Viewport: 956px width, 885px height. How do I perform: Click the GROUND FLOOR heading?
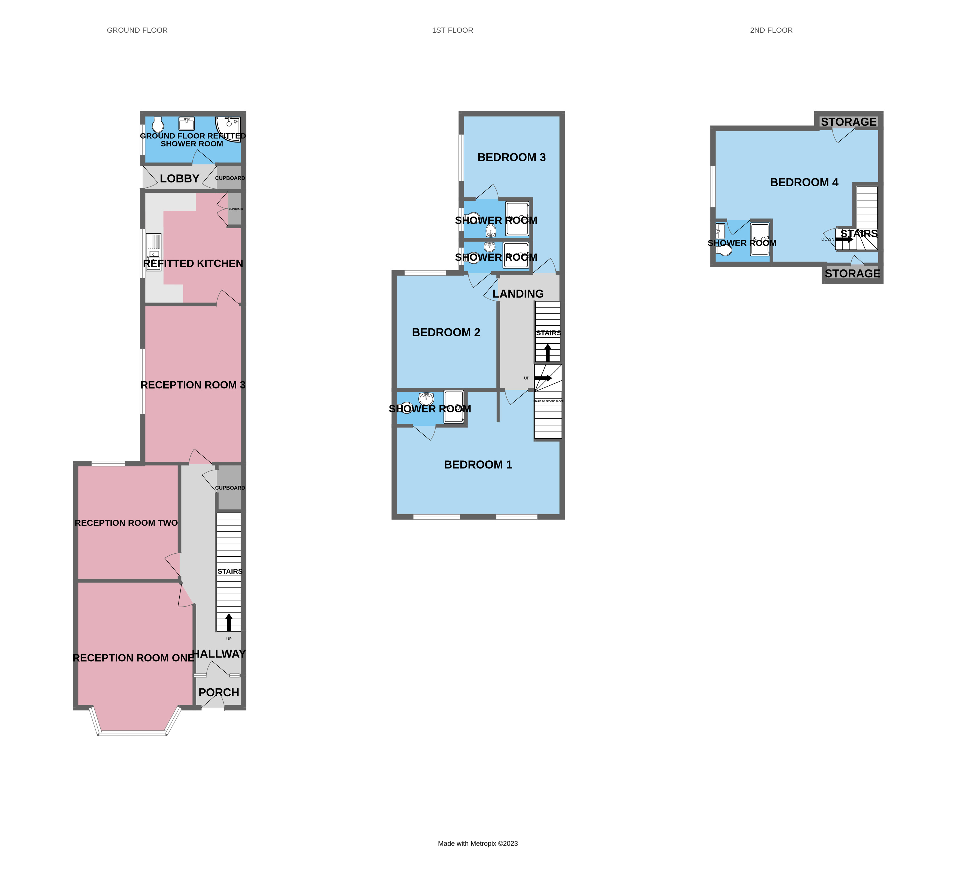tap(137, 30)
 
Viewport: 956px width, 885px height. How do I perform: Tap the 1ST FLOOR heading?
tap(453, 30)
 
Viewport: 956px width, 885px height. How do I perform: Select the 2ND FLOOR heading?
tap(771, 30)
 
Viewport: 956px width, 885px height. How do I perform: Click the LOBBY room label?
tap(180, 179)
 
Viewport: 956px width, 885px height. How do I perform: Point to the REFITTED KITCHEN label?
tap(193, 263)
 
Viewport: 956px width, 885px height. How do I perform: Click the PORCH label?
tap(219, 692)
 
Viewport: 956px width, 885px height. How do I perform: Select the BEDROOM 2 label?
tap(446, 332)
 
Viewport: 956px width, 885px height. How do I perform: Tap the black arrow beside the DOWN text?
tap(844, 239)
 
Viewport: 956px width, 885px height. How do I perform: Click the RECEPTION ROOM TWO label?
tap(126, 523)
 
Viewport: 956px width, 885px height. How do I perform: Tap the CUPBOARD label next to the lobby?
tap(230, 178)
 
